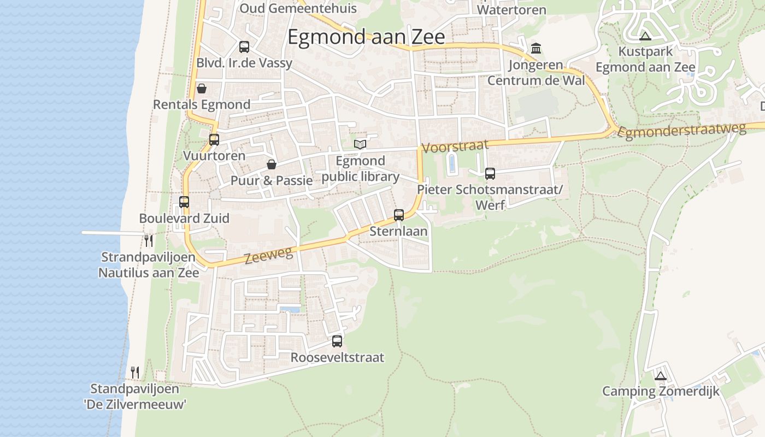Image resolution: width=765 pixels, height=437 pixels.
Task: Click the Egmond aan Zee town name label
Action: [366, 37]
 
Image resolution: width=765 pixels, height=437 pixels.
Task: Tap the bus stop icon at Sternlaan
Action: [399, 215]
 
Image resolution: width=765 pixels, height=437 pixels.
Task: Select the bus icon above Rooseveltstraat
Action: [337, 341]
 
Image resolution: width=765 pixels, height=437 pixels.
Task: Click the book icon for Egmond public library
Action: [360, 144]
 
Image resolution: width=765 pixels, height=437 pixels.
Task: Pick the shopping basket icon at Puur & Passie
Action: [272, 164]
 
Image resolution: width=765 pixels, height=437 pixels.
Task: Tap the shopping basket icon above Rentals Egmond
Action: [202, 88]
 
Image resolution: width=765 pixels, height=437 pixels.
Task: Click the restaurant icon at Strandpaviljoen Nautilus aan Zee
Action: [149, 240]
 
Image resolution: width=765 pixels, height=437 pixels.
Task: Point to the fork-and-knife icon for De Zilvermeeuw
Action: [135, 373]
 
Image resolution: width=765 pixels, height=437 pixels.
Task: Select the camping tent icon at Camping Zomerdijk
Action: [661, 376]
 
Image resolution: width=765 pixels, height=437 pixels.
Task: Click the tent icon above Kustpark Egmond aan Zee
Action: [645, 37]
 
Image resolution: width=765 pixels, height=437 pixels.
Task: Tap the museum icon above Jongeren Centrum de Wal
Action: [536, 49]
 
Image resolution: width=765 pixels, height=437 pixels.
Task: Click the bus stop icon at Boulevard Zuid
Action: [184, 202]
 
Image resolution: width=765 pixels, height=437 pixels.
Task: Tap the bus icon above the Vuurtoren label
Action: [214, 140]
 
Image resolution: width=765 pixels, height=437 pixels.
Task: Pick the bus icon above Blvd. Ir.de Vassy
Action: [244, 47]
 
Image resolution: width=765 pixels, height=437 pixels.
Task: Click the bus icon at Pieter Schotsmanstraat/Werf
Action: [490, 174]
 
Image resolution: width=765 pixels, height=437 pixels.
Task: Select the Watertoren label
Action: [511, 10]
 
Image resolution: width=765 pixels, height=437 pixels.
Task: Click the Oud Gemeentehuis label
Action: [298, 8]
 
